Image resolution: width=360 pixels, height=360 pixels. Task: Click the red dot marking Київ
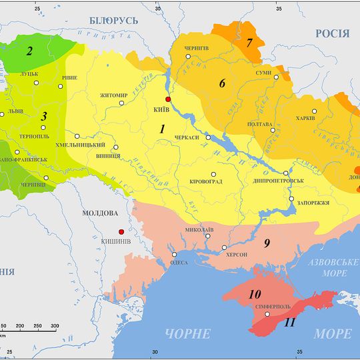click(x=168, y=99)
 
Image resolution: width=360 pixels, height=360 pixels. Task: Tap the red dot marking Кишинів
click(x=121, y=231)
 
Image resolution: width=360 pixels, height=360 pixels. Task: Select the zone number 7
click(x=249, y=43)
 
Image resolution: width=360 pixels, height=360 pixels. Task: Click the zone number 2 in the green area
click(x=30, y=51)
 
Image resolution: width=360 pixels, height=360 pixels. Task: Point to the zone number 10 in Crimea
click(x=255, y=294)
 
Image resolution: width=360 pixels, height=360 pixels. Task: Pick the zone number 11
click(x=290, y=322)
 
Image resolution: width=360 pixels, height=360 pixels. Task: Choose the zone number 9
click(x=266, y=243)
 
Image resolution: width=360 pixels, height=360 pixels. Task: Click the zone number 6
click(x=223, y=84)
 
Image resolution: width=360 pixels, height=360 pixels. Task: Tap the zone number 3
click(x=44, y=117)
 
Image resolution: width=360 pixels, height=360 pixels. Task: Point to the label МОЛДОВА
click(x=99, y=213)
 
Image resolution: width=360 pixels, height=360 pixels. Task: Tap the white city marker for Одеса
click(x=174, y=254)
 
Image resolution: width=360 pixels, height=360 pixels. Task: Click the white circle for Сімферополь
click(x=267, y=314)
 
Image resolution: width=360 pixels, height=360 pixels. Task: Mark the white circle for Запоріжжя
click(x=291, y=199)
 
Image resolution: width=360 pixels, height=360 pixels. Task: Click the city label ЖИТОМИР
click(x=113, y=95)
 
